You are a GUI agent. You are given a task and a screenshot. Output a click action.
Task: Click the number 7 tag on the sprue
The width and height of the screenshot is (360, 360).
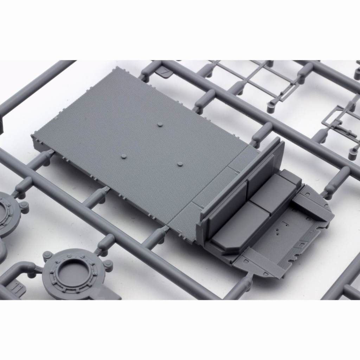tap(165, 71)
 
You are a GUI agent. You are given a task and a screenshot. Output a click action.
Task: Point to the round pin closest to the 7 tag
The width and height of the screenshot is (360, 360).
tap(160, 124)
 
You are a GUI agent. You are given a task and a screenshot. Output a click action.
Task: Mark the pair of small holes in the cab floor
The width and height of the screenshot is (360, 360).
tap(278, 230)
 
